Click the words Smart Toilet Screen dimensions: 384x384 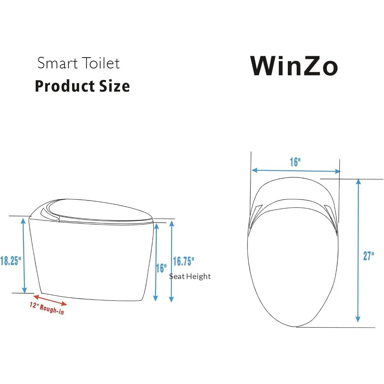79,63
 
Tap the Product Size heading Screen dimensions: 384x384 82,86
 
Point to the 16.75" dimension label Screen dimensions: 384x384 184,261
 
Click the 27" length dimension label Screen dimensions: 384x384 369,256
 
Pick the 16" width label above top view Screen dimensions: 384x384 295,162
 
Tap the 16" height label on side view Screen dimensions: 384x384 162,268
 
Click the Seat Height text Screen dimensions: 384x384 190,276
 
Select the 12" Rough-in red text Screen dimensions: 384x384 47,308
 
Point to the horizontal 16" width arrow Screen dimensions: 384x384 296,171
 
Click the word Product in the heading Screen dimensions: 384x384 63,86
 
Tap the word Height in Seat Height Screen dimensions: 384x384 199,276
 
